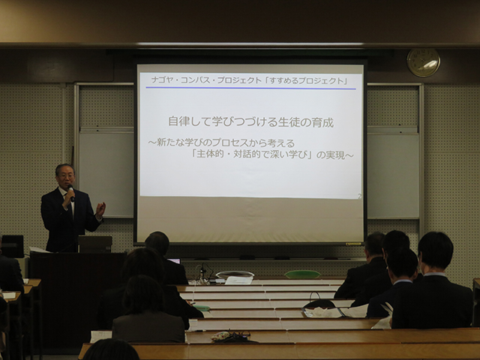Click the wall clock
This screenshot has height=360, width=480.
423,62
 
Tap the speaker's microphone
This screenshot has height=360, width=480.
71,193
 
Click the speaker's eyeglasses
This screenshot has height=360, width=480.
66,175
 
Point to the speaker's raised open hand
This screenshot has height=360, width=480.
100,210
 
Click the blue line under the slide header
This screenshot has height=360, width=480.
250,88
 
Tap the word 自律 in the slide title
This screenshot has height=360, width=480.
179,121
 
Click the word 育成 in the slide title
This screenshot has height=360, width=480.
322,122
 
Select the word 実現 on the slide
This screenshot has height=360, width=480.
335,155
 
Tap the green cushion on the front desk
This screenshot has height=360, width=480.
302,274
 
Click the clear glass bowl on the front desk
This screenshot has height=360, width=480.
235,274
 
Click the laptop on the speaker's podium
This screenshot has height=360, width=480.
95,244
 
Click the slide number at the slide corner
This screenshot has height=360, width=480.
359,196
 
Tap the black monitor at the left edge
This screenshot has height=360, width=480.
12,246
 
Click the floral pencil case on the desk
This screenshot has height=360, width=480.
220,336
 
